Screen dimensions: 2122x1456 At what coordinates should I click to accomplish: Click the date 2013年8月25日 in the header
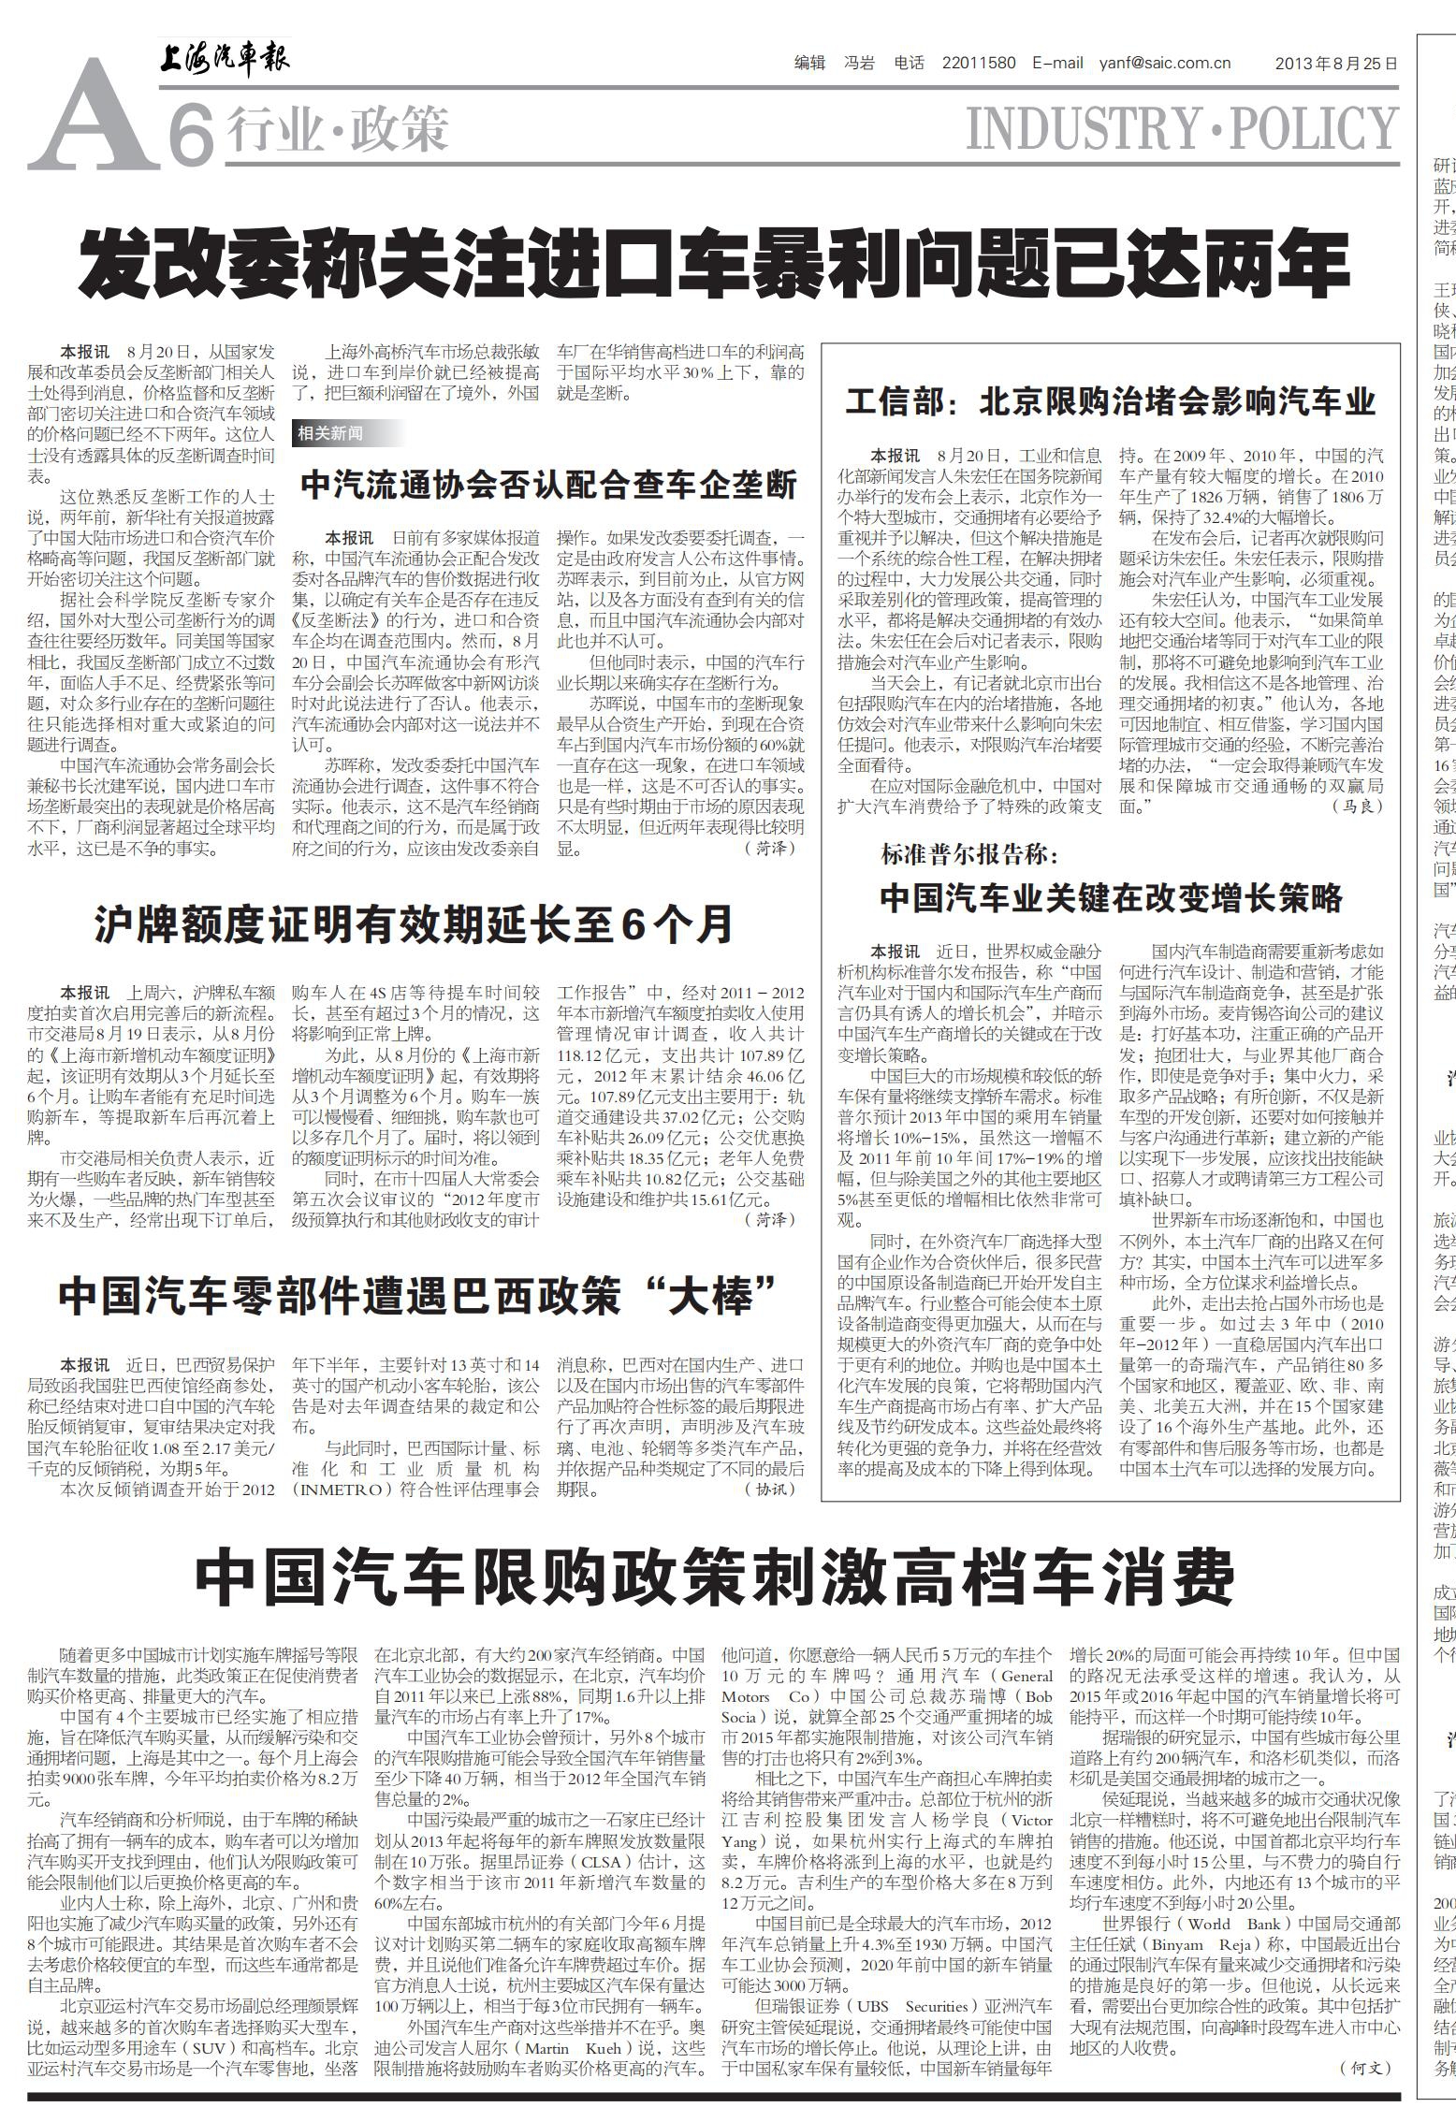pos(1336,65)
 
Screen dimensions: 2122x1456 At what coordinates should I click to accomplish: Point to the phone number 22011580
pos(979,64)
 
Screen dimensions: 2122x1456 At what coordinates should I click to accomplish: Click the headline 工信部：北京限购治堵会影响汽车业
pos(1111,401)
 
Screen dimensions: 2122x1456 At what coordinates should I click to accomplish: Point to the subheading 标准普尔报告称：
pos(968,853)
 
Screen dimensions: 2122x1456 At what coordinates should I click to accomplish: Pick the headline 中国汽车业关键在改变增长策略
pos(1111,898)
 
